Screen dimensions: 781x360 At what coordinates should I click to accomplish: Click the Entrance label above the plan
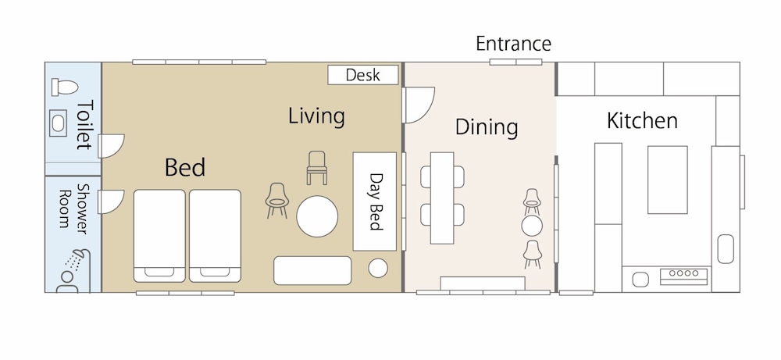point(513,44)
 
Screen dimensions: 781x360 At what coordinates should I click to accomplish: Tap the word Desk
point(362,75)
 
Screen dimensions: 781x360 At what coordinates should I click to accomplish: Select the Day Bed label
point(376,201)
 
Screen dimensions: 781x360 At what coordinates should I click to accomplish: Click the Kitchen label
point(642,120)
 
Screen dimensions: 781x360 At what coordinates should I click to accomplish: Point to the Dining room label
point(486,127)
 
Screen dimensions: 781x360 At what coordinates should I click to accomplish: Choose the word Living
point(316,116)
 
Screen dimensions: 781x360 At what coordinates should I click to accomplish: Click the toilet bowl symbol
point(65,87)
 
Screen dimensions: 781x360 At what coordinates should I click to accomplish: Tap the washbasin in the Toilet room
point(59,123)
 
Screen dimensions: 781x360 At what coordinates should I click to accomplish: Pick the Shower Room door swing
point(112,202)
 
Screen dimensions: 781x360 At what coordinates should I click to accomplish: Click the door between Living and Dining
point(419,105)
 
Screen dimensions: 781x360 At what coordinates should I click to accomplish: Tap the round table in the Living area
point(317,216)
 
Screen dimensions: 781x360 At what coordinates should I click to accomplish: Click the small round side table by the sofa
point(378,268)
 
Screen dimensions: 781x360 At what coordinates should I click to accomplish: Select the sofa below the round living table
point(312,270)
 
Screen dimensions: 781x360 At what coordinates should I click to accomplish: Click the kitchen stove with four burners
point(683,276)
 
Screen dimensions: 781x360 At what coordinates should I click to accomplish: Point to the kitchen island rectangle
point(668,180)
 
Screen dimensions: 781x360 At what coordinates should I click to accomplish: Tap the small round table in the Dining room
point(532,226)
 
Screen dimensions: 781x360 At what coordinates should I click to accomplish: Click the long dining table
point(442,198)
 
